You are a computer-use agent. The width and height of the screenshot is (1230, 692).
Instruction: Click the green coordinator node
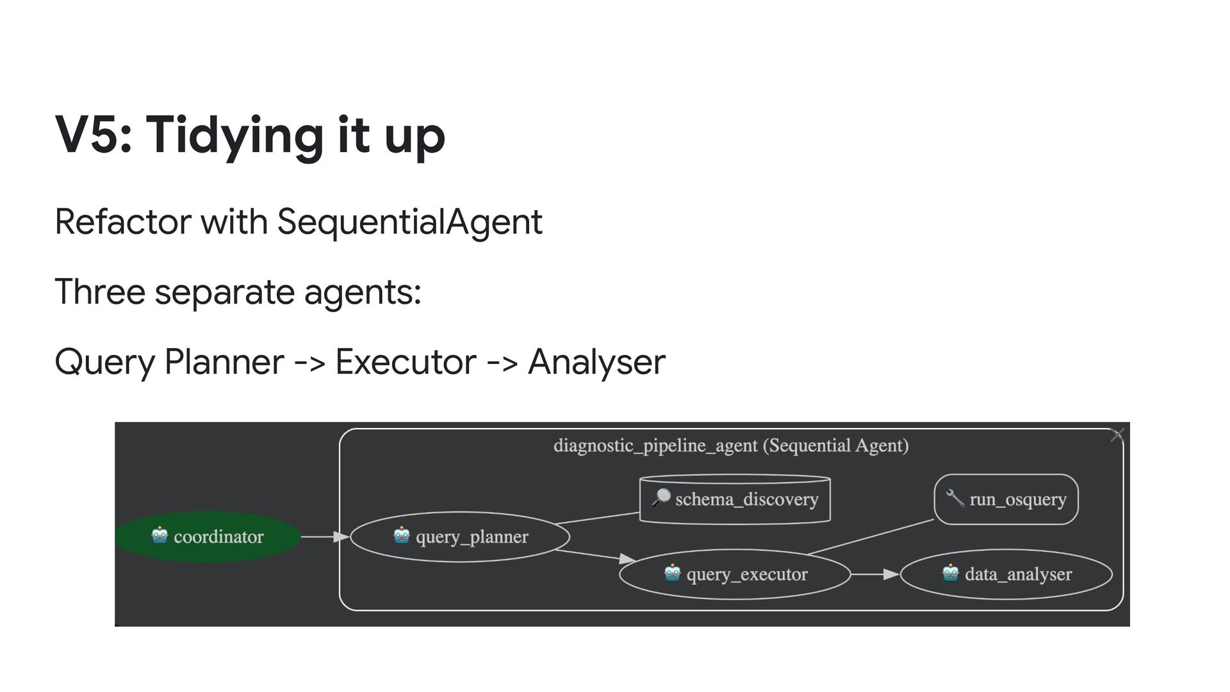pos(208,537)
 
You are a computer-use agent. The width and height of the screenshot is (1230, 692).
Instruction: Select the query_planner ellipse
pos(460,537)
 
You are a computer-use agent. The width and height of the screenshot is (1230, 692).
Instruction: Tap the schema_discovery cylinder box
pos(735,499)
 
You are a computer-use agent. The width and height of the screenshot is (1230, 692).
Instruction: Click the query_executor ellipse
pos(735,574)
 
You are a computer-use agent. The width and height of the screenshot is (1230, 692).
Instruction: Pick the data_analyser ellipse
pos(1006,574)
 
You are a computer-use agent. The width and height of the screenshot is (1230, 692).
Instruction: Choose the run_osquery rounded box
pos(1006,499)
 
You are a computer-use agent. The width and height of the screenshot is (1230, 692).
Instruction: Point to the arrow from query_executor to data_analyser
pos(875,574)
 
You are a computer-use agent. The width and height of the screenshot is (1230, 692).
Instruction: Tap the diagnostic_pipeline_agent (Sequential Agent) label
pos(731,445)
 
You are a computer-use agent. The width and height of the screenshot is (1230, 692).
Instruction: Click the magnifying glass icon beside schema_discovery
pos(660,498)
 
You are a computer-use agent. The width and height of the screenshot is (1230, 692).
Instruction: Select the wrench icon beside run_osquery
pos(955,498)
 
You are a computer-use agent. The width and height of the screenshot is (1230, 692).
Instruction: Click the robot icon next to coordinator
pos(160,535)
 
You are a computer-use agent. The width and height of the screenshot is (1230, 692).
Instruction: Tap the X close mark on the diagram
pos(1117,435)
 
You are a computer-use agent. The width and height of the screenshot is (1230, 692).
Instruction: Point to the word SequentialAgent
pos(409,222)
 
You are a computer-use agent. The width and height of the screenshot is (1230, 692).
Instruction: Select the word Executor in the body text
pos(406,361)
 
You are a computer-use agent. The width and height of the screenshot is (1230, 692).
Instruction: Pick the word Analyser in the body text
pos(596,361)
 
